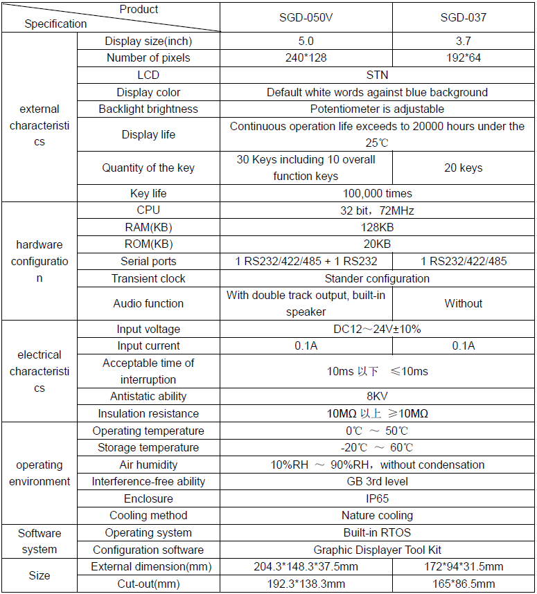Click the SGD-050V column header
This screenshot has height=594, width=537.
pos(306,17)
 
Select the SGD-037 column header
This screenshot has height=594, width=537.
pos(463,17)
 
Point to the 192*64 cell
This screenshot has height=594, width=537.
pos(463,57)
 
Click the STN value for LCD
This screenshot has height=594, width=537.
pos(377,75)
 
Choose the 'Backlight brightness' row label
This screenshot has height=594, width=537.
pos(148,109)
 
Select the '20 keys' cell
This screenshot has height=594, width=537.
pos(463,168)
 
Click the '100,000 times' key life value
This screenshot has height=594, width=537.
pos(377,193)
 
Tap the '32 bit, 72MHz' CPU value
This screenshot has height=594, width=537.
pos(377,210)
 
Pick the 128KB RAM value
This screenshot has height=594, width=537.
pos(377,227)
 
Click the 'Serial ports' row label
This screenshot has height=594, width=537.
pos(148,261)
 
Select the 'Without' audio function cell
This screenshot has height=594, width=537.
pos(463,303)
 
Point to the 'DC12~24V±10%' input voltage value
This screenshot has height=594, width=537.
pos(377,329)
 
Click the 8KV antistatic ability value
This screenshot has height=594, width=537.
pos(377,396)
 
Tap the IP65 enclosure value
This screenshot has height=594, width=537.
pos(377,498)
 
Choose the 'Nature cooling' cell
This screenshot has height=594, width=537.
pos(377,515)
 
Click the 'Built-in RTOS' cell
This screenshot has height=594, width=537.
pos(377,532)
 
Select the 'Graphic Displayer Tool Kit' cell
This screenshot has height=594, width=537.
pos(377,550)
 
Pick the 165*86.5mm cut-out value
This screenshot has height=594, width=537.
pos(463,584)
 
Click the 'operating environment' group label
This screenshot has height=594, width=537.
pos(39,473)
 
